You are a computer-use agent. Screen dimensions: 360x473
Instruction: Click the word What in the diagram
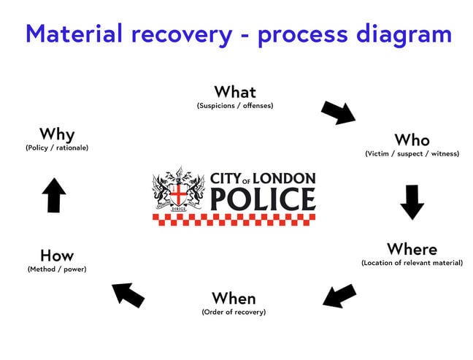coord(235,92)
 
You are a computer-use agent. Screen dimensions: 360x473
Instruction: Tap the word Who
coord(412,139)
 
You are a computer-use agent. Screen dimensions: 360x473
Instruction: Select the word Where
coord(412,249)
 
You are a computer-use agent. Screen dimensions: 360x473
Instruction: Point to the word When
coord(234,298)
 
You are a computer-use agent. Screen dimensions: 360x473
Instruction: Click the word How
coord(57,256)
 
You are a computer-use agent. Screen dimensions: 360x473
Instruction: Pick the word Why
coord(57,134)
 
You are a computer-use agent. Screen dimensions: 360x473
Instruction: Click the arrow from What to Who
coord(338,112)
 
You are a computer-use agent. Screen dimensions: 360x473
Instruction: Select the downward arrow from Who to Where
coord(412,202)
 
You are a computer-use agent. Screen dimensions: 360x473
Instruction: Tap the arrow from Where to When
coord(339,296)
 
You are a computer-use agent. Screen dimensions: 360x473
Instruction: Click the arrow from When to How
coord(128,294)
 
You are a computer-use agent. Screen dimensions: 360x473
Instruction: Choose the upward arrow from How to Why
coord(54,196)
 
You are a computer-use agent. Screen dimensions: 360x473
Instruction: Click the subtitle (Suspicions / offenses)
coord(235,106)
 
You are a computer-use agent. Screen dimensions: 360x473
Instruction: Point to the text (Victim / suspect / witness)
coord(412,153)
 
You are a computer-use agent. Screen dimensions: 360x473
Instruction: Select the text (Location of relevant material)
coord(412,263)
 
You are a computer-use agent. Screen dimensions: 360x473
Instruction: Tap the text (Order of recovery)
coord(234,312)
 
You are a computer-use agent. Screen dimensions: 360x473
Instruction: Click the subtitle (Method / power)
coord(57,269)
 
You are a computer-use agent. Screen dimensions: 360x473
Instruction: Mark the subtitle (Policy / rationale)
coord(57,148)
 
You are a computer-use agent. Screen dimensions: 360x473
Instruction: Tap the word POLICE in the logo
coord(262,198)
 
